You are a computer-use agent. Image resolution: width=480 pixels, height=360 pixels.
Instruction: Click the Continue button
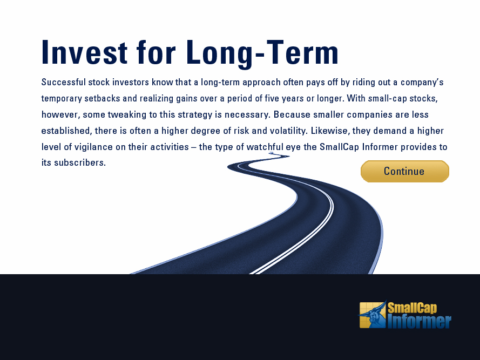(x=405, y=171)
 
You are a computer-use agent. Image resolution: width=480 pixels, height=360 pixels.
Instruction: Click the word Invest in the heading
(x=84, y=52)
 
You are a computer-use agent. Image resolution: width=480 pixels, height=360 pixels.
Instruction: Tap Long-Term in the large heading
(x=262, y=53)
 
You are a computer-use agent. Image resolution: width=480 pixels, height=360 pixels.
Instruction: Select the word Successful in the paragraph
(x=64, y=82)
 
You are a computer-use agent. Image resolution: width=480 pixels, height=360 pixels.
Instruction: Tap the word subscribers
(x=80, y=162)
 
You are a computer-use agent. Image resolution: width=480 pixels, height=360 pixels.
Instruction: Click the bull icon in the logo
(x=373, y=315)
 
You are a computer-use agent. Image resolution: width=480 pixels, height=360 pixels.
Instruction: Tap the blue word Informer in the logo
(x=420, y=322)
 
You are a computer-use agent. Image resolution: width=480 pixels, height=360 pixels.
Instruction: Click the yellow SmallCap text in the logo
(x=413, y=308)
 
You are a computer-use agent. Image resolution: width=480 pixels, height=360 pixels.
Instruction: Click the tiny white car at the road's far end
(x=271, y=153)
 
